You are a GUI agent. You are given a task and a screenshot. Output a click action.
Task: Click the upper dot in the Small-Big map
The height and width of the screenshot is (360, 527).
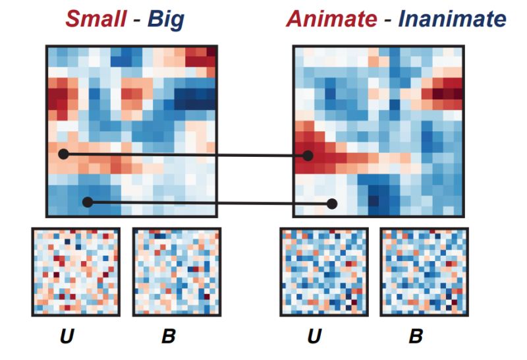click(63, 154)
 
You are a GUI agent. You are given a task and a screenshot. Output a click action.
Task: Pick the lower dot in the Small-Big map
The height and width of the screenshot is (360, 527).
click(88, 202)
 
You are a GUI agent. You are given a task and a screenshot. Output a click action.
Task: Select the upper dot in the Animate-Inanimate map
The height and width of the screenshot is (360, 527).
click(307, 156)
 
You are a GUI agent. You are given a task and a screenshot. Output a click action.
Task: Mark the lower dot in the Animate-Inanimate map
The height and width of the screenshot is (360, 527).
click(332, 204)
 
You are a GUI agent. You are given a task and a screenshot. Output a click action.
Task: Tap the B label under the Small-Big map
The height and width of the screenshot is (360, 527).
click(169, 338)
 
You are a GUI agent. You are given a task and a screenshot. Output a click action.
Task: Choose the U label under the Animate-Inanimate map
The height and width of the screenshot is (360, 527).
click(315, 338)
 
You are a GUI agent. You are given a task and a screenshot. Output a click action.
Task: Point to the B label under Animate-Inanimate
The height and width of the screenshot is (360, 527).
click(416, 338)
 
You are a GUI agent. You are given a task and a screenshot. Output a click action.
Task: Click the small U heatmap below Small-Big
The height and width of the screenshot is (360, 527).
click(75, 272)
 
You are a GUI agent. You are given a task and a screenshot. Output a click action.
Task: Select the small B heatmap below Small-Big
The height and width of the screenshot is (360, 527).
click(175, 272)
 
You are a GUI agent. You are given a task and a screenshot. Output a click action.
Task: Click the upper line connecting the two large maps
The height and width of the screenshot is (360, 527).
click(184, 155)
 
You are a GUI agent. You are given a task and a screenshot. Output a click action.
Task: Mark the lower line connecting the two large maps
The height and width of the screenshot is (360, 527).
click(211, 203)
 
